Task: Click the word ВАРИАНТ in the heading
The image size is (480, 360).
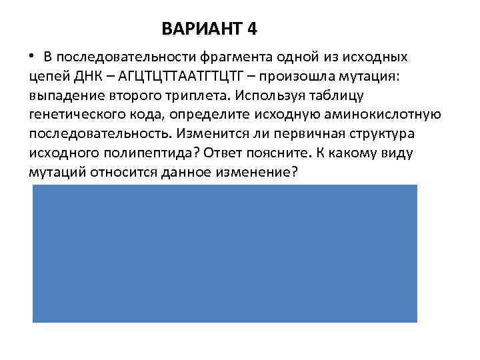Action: pyautogui.click(x=201, y=29)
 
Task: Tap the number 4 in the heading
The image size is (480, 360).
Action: pyautogui.click(x=251, y=29)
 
